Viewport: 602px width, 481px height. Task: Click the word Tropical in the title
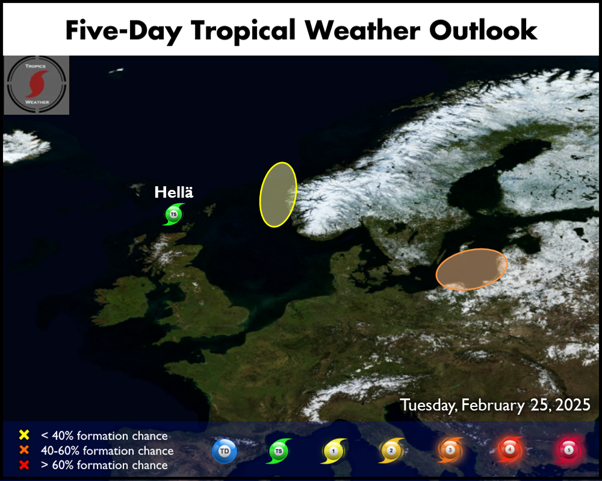[243, 31]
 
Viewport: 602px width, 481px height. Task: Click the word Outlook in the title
[483, 30]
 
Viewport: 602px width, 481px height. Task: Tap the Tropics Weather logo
[37, 85]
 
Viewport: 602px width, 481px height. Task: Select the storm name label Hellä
[173, 192]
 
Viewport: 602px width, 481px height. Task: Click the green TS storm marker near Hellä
[173, 214]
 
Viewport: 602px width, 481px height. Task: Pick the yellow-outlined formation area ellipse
[278, 195]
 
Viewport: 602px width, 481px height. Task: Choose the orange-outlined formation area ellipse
[471, 269]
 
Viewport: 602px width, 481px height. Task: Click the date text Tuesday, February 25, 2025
[495, 405]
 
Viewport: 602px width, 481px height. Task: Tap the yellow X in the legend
[24, 435]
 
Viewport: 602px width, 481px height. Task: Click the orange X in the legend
[24, 450]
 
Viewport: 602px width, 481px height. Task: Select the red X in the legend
[24, 465]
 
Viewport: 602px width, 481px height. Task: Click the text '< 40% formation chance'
[104, 436]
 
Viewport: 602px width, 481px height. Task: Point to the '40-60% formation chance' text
[107, 450]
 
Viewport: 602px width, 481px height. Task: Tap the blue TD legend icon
[225, 451]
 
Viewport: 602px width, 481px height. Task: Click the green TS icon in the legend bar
[279, 451]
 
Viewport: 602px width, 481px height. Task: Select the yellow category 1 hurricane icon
[334, 451]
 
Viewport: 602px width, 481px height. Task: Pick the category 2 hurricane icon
[391, 451]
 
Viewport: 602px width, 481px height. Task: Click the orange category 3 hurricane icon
[450, 450]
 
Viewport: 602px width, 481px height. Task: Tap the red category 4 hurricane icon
[509, 450]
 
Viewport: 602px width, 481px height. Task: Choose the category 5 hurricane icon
[569, 450]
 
